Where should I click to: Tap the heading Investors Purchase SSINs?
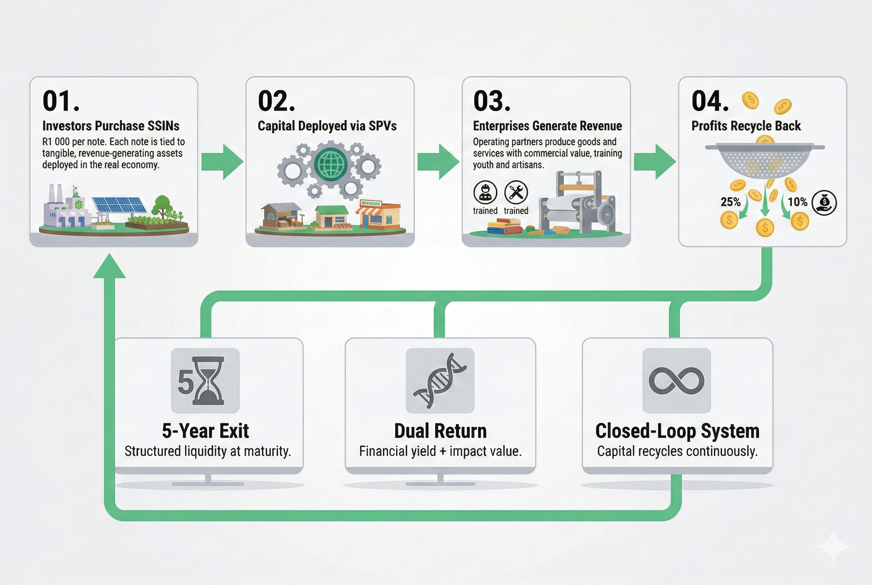(x=111, y=126)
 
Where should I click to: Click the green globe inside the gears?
(x=330, y=163)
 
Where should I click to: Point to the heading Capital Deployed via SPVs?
(x=327, y=126)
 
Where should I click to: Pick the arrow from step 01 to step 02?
(x=222, y=161)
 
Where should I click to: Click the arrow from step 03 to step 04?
(x=655, y=161)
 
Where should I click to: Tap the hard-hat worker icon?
(x=485, y=192)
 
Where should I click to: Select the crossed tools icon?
(x=516, y=192)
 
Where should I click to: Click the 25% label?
(x=730, y=202)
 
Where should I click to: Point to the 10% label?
(x=797, y=202)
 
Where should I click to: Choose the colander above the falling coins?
(x=764, y=159)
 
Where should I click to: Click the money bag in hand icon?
(x=824, y=202)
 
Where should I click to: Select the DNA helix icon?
(x=440, y=380)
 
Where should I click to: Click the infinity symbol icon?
(x=676, y=380)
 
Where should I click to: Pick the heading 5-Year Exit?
(x=205, y=431)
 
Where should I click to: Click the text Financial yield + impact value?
(x=440, y=451)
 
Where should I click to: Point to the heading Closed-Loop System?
(x=677, y=431)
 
